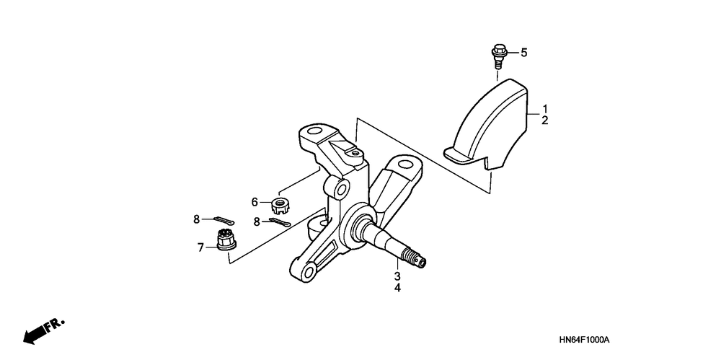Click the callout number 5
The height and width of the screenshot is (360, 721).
(x=524, y=52)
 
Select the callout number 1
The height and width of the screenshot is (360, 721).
(x=545, y=107)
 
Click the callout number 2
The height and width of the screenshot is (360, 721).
(x=545, y=120)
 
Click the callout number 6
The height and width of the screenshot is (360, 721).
(x=255, y=202)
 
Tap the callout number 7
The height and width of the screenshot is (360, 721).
(x=201, y=247)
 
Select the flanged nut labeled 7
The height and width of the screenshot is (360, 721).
(x=225, y=240)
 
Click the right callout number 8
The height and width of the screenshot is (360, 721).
(x=256, y=222)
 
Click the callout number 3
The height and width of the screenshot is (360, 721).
(x=397, y=276)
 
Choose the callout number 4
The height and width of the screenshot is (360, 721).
(x=397, y=289)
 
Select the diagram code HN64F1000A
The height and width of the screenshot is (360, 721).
(x=584, y=340)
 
